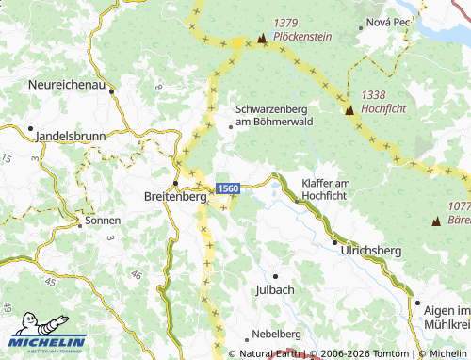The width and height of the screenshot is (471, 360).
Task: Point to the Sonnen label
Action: pos(103,221)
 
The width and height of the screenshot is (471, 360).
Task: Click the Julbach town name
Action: pos(274,289)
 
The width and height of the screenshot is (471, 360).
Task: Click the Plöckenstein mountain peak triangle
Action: pos(262,39)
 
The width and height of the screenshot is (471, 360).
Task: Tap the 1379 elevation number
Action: pos(286,24)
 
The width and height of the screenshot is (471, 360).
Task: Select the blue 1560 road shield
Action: pos(228,189)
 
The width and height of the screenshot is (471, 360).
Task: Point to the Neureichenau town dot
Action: pos(112,90)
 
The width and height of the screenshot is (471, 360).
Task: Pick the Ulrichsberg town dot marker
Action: pos(333,242)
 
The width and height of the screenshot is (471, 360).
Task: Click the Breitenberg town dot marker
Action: pos(175,183)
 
